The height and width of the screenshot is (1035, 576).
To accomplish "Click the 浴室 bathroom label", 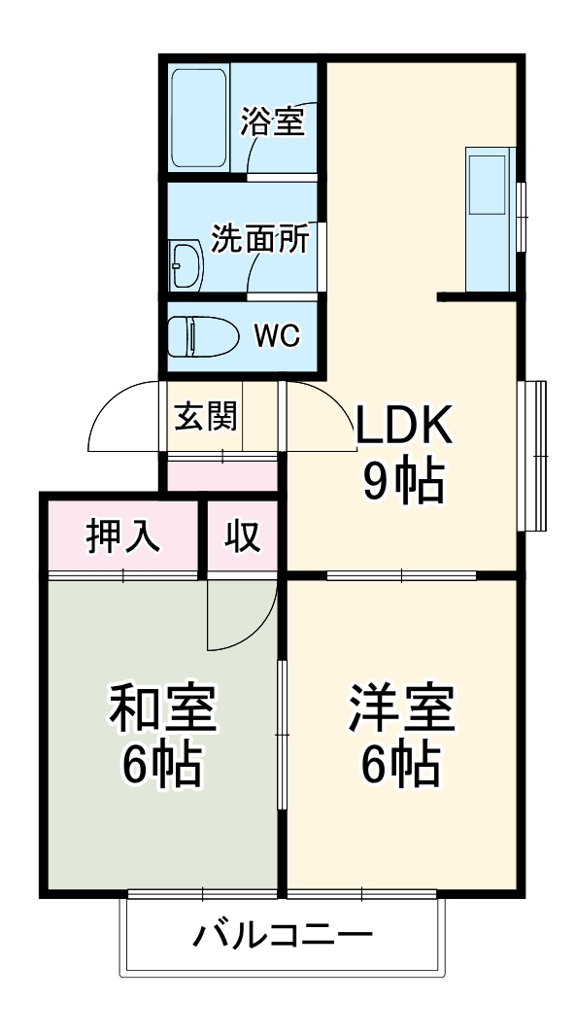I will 273,122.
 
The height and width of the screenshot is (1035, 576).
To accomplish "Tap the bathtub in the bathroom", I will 199,118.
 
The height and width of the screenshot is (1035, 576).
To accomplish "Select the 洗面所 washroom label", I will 260,238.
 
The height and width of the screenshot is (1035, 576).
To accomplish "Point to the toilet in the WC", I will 201,336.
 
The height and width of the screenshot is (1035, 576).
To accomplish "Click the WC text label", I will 277,336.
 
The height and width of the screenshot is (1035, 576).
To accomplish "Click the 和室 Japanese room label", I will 161,708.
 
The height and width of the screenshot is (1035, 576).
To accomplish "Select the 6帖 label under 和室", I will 161,766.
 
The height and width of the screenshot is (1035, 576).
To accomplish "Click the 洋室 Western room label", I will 401,708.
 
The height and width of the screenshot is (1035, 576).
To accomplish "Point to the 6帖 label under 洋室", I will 401,766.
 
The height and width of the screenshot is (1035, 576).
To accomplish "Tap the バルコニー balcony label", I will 282,936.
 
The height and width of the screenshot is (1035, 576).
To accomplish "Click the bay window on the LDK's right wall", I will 532,455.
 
